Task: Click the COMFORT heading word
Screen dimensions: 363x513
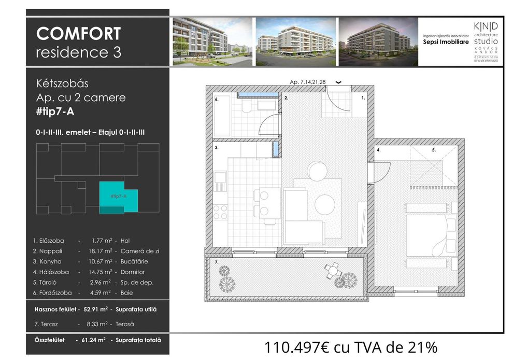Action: (78, 34)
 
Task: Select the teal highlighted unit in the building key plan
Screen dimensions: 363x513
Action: (119, 197)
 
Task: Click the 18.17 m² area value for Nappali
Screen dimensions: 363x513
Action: (101, 251)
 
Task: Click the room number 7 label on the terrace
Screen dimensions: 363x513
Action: (217, 263)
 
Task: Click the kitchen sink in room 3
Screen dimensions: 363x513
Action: (220, 181)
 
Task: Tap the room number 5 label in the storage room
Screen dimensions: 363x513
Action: (434, 150)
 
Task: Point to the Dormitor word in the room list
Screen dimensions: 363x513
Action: (132, 272)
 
